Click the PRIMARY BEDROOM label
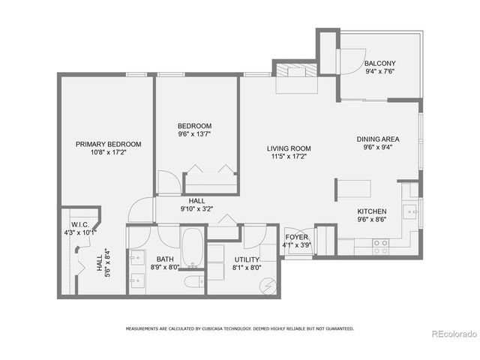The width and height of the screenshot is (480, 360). coord(108,144)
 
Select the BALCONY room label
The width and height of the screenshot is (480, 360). coord(380,63)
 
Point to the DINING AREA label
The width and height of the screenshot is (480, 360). coord(377,139)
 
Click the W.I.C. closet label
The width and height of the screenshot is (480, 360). coord(80,223)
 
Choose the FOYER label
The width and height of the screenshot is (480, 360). coord(296,236)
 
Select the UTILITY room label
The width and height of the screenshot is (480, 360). coord(246,259)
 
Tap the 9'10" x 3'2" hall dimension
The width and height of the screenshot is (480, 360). coord(197,209)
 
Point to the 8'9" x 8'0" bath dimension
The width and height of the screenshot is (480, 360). coord(165,266)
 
